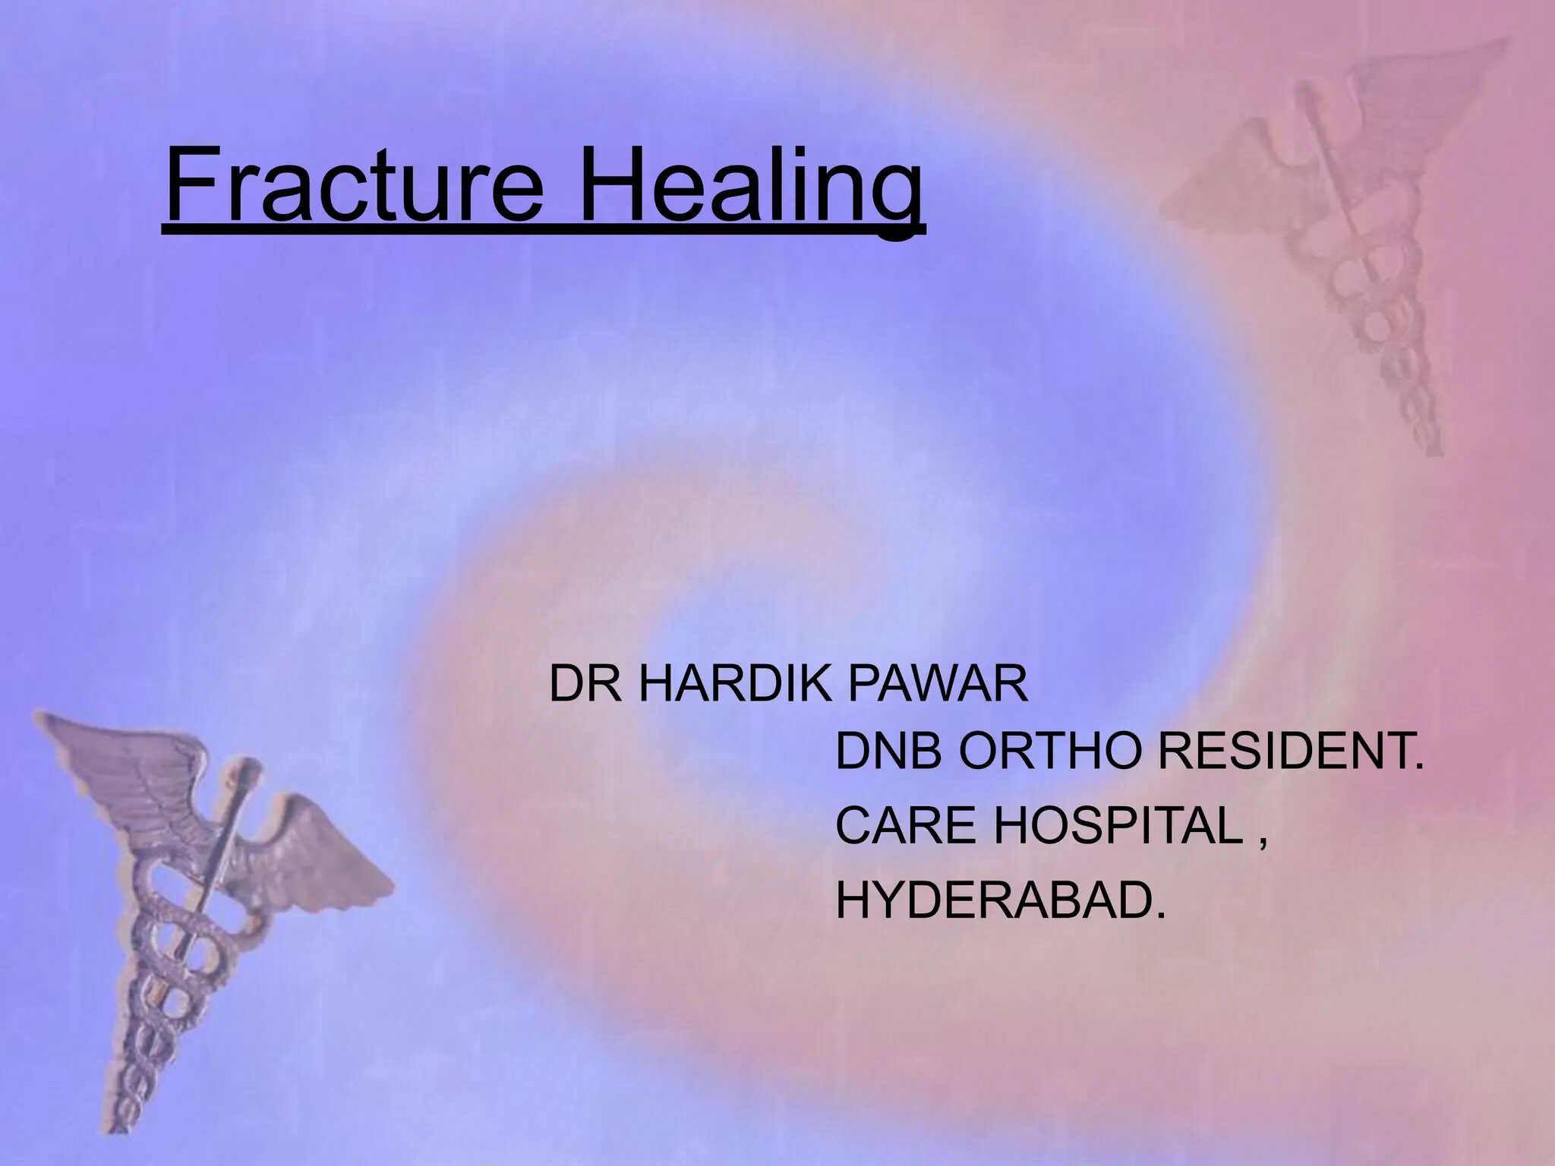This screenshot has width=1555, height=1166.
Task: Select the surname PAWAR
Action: (938, 684)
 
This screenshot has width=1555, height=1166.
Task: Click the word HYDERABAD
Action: (999, 900)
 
